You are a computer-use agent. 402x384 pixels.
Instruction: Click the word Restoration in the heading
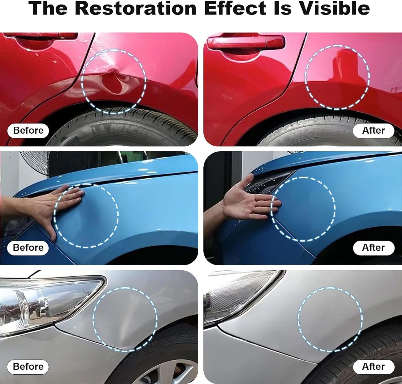pos(136,8)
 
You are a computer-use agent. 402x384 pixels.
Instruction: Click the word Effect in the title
pos(235,8)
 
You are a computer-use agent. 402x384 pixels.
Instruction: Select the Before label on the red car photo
pos(28,130)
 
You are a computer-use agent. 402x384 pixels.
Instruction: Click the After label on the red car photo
pos(374,130)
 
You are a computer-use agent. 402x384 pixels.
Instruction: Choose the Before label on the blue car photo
pos(28,248)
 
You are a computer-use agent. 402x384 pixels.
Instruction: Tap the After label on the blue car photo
pos(374,248)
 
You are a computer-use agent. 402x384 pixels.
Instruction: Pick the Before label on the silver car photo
pos(28,367)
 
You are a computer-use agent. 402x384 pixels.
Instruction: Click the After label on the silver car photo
pos(374,367)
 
